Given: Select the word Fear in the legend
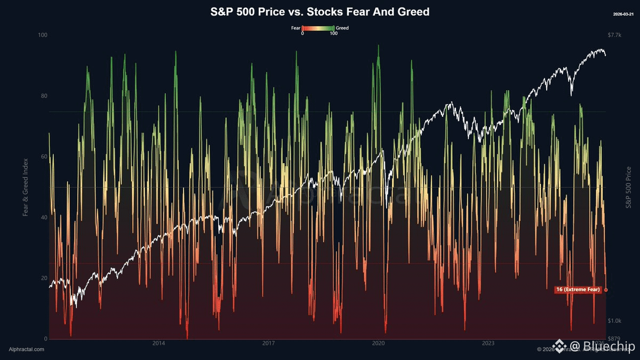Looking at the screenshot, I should [x=296, y=28].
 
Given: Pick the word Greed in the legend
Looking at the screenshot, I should [x=342, y=28].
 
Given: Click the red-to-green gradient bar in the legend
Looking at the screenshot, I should [x=318, y=28].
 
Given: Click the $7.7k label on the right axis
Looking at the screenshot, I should [x=614, y=35].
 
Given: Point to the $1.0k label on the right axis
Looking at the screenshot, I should [x=614, y=321].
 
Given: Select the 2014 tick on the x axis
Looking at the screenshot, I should [x=158, y=343].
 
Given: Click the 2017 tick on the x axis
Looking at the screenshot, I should [x=268, y=343].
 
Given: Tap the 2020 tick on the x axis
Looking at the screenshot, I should [x=378, y=343].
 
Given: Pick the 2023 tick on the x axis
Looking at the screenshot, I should [x=488, y=343].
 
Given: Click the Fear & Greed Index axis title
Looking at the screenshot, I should [x=25, y=187].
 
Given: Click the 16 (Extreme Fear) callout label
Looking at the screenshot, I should [x=578, y=290].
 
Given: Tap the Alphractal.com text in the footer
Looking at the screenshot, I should [x=27, y=349].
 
